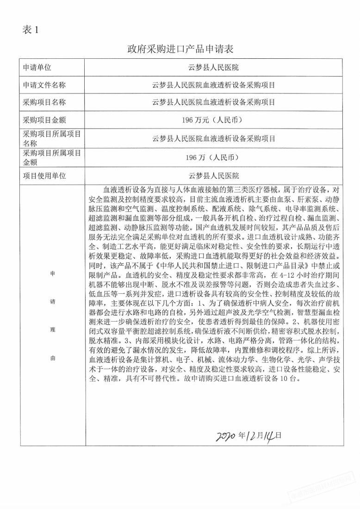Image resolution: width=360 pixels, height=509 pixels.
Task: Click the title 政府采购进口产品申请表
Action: [x=180, y=50]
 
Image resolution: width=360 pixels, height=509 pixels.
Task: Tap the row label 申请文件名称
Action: [x=44, y=85]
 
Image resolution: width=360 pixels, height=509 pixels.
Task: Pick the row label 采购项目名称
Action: [x=44, y=102]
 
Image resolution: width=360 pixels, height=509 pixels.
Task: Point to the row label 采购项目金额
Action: [x=44, y=120]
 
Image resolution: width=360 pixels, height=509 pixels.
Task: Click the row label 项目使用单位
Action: [x=44, y=176]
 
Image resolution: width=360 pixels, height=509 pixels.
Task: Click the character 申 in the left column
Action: [x=52, y=273]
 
